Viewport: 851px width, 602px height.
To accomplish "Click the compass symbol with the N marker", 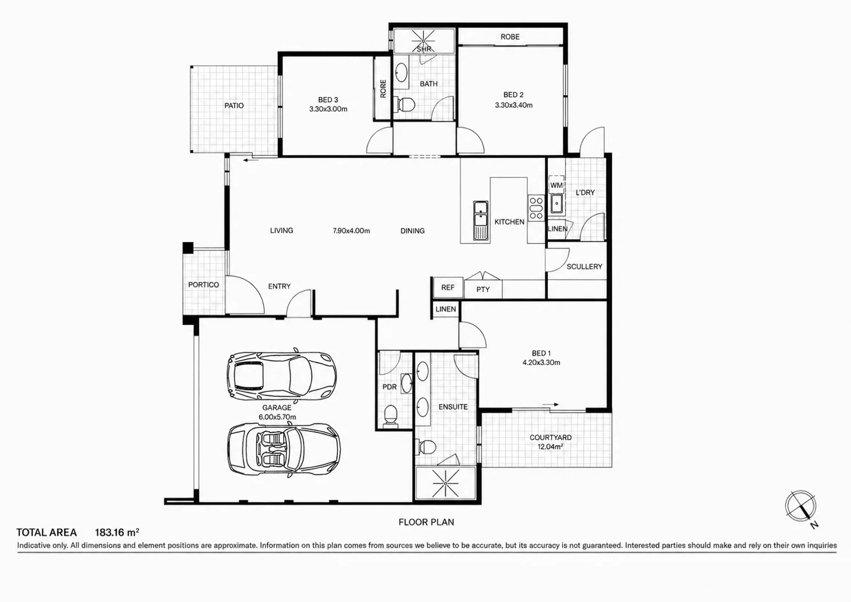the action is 801,507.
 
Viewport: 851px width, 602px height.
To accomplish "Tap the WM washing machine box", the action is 556,184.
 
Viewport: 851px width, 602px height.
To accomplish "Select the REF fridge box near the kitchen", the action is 448,288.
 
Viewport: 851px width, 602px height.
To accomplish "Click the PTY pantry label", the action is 483,289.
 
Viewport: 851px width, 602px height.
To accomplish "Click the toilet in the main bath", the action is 405,104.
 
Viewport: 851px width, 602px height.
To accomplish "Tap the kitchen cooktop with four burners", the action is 536,207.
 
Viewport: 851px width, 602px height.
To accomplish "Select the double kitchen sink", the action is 481,221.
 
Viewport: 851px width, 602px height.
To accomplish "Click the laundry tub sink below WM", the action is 557,204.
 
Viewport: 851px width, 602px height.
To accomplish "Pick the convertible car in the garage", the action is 284,449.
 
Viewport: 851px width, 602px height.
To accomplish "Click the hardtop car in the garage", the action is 281,376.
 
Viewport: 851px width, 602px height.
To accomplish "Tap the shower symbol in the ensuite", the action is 446,483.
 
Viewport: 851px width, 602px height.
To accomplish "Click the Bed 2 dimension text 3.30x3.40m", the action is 513,105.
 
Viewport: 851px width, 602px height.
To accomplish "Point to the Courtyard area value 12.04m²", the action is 550,447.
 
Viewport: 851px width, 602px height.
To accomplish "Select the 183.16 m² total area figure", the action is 116,532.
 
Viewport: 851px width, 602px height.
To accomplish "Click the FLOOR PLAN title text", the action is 426,522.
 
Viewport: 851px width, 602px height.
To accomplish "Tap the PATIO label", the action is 234,106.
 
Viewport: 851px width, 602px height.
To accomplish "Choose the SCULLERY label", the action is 584,266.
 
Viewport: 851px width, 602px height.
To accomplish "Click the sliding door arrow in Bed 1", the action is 550,405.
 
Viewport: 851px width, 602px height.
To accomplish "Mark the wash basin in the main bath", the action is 401,71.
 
